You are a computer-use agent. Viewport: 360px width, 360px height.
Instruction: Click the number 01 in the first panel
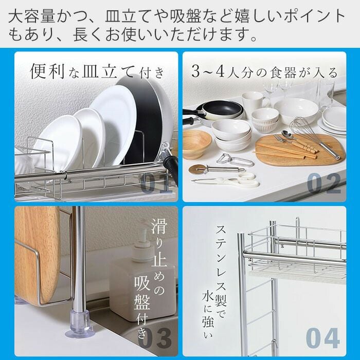point(156,183)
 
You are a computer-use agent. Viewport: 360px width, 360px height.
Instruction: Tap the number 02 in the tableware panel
point(324,183)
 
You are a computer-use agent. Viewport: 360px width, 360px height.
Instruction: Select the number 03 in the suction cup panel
point(155,338)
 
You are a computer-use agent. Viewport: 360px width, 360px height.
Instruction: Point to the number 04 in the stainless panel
point(323,338)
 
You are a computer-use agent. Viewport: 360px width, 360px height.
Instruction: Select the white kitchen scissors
point(227,180)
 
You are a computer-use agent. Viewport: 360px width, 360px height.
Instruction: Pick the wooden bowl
point(196,144)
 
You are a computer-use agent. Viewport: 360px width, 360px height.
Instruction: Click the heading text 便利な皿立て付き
point(97,71)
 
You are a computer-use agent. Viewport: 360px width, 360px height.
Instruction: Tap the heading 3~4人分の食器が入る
point(264,72)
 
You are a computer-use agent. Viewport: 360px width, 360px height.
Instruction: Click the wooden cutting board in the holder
point(37,255)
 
